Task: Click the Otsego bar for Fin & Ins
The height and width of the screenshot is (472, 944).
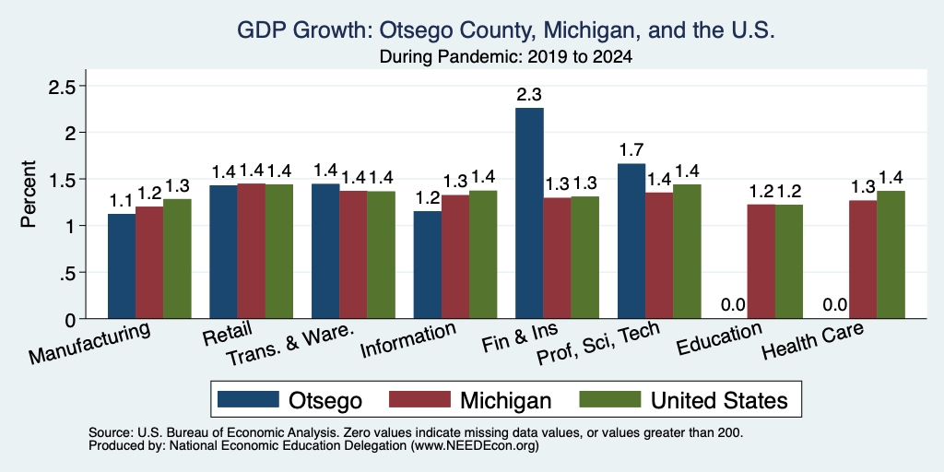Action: (529, 213)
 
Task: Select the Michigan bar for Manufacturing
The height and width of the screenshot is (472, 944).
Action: (149, 263)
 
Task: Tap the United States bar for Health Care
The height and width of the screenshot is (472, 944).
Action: (891, 254)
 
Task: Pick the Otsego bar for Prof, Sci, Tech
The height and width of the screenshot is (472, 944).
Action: (631, 241)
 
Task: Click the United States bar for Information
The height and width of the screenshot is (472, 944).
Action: (483, 254)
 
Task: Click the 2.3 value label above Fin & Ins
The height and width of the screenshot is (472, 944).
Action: (529, 95)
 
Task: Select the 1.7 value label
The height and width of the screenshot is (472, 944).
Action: (631, 150)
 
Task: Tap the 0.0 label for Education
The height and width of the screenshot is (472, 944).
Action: (733, 304)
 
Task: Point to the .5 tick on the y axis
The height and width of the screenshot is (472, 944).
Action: (67, 273)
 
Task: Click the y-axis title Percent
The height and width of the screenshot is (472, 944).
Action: (29, 194)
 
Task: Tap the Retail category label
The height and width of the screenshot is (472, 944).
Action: (228, 335)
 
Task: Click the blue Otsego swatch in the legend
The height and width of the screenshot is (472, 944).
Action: (249, 399)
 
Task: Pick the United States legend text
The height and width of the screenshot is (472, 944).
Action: (719, 400)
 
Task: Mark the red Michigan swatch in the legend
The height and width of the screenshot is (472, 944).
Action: (419, 399)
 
